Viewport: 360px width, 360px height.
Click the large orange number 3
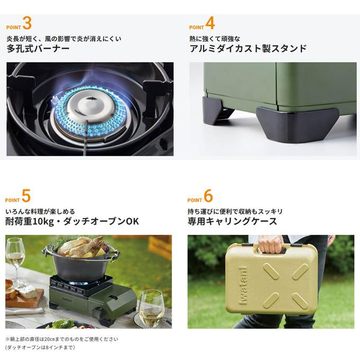pyautogui.click(x=27, y=23)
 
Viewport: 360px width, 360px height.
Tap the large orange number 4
pyautogui.click(x=210, y=23)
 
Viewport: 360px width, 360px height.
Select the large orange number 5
pyautogui.click(x=26, y=196)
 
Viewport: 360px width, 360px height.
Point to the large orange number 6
pyautogui.click(x=208, y=196)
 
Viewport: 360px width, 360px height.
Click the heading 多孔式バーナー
pyautogui.click(x=38, y=49)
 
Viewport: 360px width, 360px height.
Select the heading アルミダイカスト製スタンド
pyautogui.click(x=248, y=49)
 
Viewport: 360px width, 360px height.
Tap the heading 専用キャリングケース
pyautogui.click(x=232, y=221)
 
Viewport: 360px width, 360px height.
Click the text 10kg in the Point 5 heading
pyautogui.click(x=42, y=221)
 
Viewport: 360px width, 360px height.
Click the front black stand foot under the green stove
pyautogui.click(x=298, y=124)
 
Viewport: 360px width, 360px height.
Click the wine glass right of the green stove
pyautogui.click(x=151, y=308)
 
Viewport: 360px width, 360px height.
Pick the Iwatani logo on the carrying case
pyautogui.click(x=243, y=285)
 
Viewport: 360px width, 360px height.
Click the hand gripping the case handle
pyautogui.click(x=271, y=244)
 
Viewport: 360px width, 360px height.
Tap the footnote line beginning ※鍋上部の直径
pyautogui.click(x=62, y=339)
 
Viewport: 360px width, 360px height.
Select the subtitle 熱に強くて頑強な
pyautogui.click(x=214, y=39)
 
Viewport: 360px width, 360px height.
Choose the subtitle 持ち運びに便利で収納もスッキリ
pyautogui.click(x=235, y=211)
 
